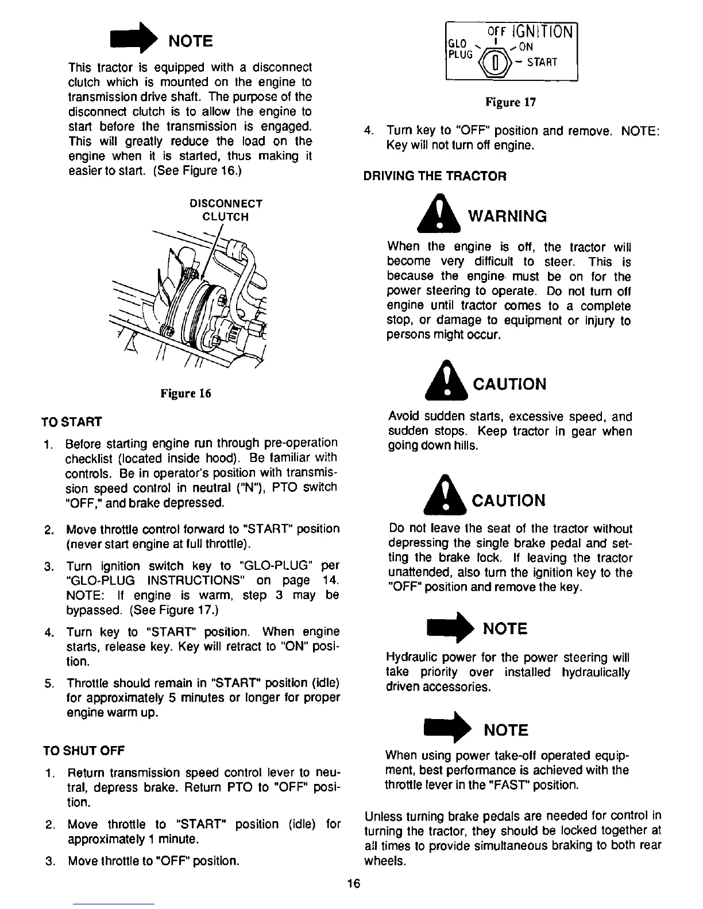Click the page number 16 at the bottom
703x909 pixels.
click(353, 883)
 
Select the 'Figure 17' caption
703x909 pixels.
click(511, 103)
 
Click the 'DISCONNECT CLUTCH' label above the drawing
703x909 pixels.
click(226, 210)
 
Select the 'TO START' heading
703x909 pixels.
click(72, 422)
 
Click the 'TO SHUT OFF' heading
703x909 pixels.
click(84, 751)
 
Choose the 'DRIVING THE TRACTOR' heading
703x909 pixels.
click(435, 176)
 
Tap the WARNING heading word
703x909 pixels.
click(508, 216)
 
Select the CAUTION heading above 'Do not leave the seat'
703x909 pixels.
click(508, 500)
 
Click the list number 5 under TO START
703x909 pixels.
click(49, 683)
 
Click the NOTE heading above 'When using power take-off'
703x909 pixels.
click(506, 730)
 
